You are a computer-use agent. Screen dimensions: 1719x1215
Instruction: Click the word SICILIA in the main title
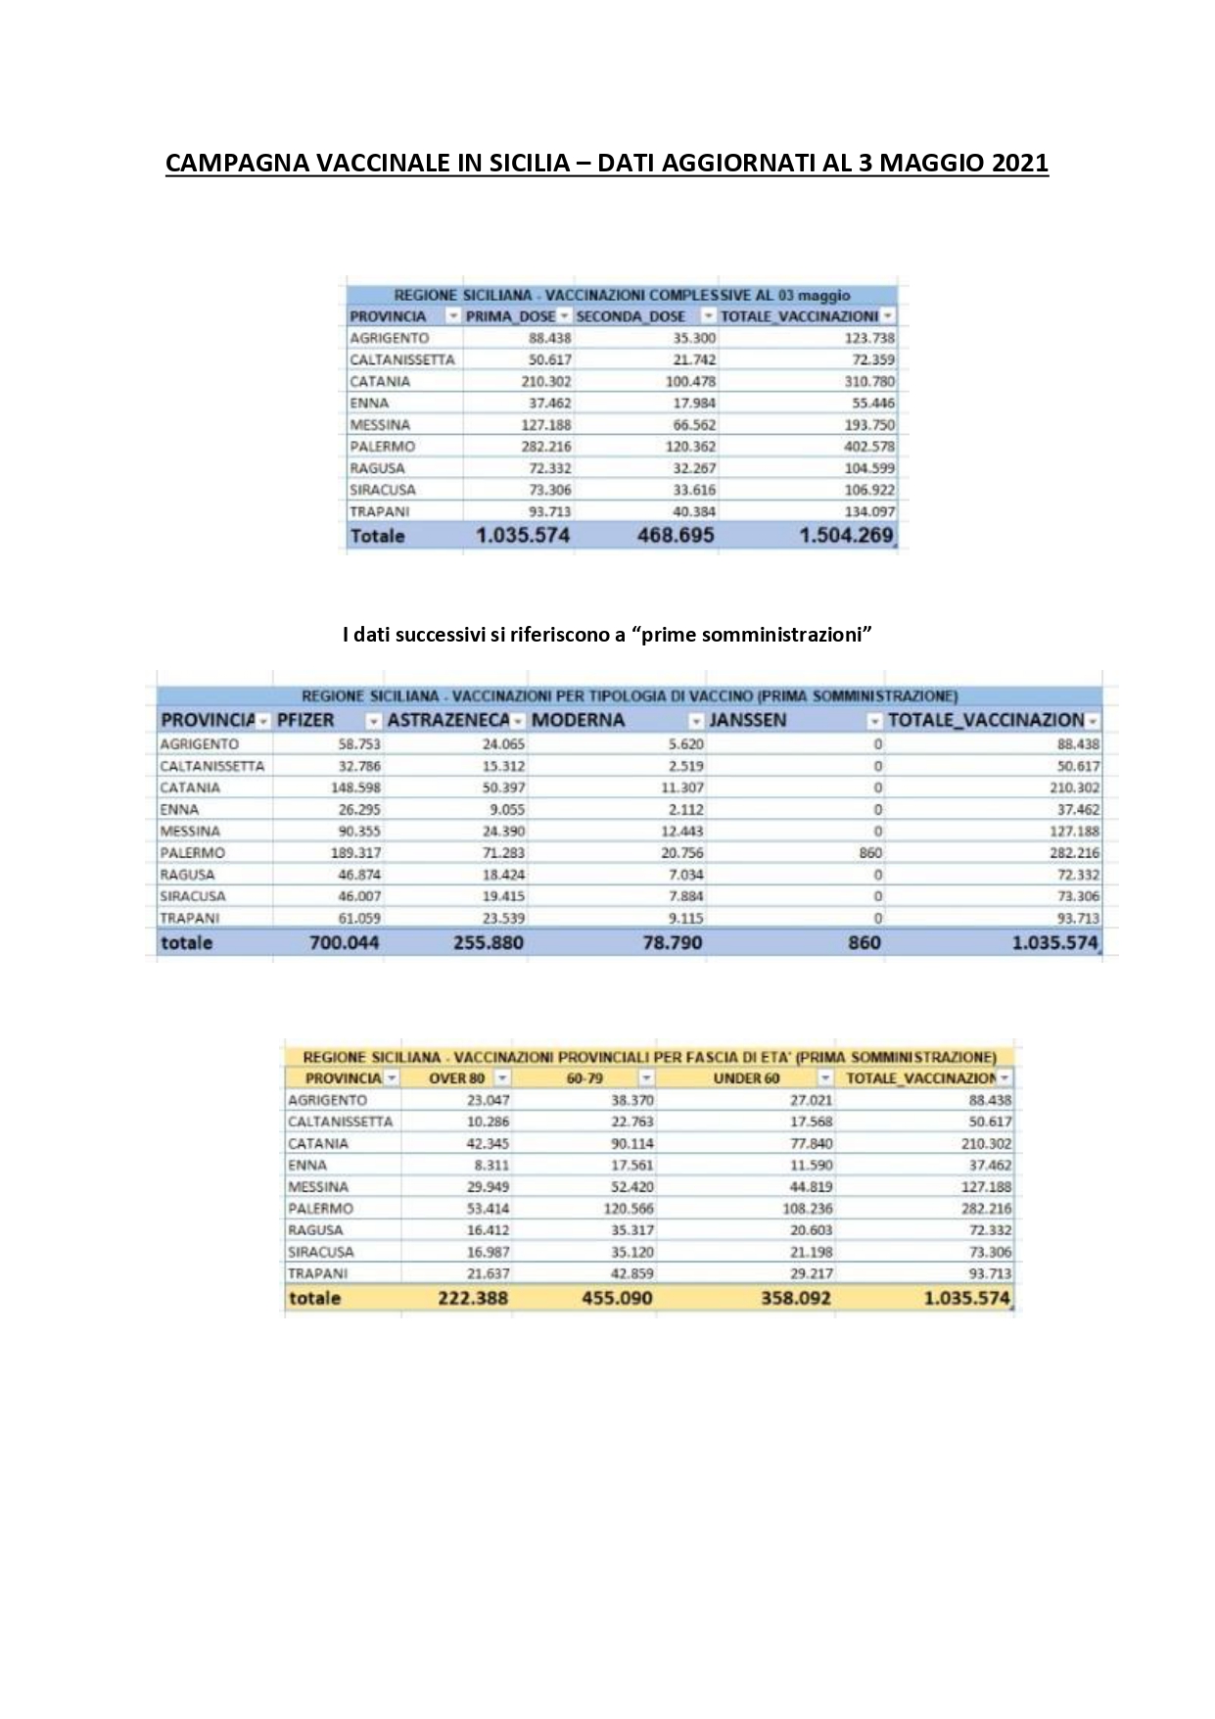click(x=520, y=163)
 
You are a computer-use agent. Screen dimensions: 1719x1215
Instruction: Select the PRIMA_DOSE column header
click(x=510, y=316)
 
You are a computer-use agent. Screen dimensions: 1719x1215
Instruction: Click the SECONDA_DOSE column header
click(x=631, y=316)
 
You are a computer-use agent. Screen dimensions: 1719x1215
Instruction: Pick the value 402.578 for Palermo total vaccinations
click(x=869, y=447)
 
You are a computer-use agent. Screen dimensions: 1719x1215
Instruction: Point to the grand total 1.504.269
click(x=846, y=536)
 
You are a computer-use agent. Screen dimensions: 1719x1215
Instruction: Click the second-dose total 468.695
click(x=676, y=536)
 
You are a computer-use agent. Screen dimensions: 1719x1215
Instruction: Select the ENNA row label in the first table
click(x=369, y=404)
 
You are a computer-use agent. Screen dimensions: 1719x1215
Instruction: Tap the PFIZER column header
click(x=305, y=720)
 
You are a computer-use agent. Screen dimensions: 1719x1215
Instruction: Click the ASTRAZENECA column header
click(x=448, y=720)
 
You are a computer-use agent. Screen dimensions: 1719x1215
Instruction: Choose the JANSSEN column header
click(x=747, y=720)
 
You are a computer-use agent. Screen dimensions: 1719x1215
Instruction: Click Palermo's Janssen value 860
click(x=870, y=853)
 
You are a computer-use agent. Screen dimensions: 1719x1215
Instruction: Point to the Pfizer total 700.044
click(x=344, y=943)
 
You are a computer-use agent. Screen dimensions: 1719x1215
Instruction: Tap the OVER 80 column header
click(x=457, y=1078)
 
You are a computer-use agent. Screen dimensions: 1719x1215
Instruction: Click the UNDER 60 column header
click(x=746, y=1078)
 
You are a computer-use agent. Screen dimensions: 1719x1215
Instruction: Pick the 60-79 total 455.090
click(x=617, y=1299)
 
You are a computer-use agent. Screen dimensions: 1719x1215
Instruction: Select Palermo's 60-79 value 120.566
click(x=629, y=1209)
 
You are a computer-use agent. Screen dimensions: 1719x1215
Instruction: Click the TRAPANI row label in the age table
click(x=317, y=1274)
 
